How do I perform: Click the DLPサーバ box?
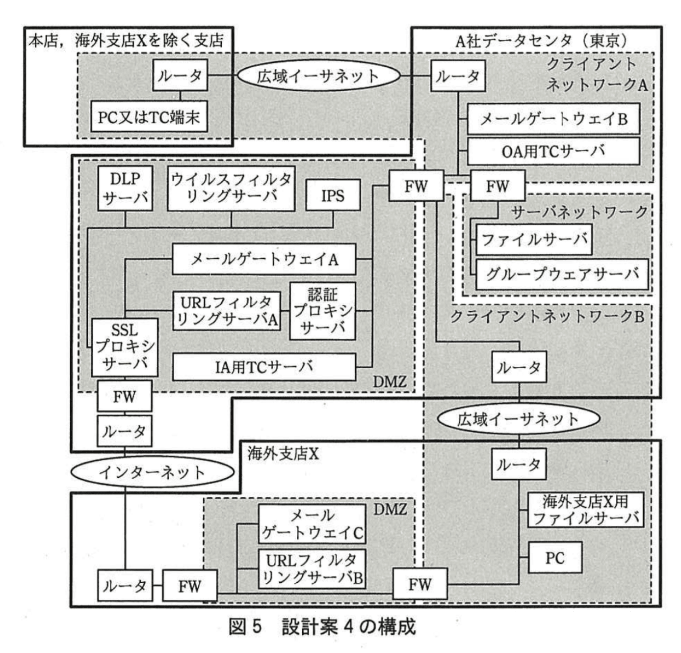click(125, 188)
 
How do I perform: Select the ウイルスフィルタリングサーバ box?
click(231, 188)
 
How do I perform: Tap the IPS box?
click(333, 195)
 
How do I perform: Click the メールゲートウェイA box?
click(264, 259)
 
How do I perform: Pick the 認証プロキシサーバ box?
click(322, 311)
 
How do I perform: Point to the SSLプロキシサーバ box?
click(125, 347)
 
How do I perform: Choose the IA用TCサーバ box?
click(264, 367)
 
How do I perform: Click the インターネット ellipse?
click(152, 472)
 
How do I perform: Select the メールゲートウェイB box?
click(553, 119)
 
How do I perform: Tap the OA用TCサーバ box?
click(553, 151)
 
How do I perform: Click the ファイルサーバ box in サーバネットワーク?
click(534, 240)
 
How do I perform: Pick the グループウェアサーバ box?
click(562, 274)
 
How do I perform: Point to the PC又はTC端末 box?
click(149, 117)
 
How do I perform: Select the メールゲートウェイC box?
click(312, 524)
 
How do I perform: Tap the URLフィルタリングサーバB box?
click(312, 569)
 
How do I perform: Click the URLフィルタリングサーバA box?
click(226, 311)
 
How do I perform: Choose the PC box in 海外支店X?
click(555, 558)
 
